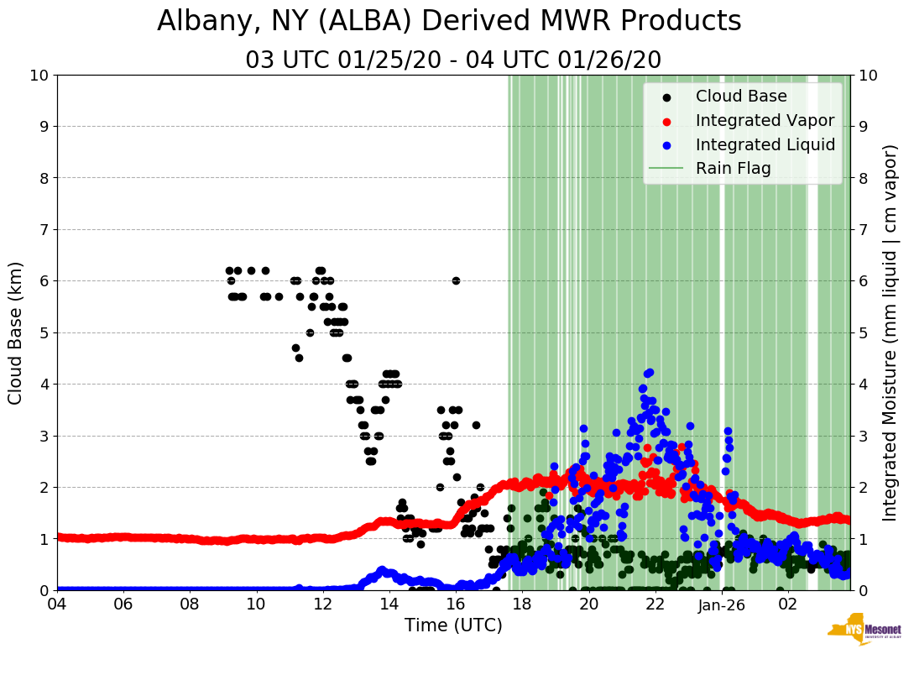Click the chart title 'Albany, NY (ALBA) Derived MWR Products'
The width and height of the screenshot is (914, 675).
449,21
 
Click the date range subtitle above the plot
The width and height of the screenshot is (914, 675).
453,60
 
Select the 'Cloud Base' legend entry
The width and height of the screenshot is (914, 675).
741,96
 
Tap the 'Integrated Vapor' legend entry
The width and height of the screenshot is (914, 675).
765,120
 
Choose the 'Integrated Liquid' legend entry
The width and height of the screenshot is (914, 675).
765,144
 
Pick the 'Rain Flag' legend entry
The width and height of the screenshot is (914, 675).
733,168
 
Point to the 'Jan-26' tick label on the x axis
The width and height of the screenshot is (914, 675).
723,604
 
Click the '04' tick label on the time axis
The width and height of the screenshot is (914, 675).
57,604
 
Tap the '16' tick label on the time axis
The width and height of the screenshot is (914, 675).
456,604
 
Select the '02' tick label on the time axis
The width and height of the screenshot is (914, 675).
788,604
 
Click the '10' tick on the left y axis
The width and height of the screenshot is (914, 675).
39,75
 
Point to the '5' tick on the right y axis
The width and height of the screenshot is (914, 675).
863,332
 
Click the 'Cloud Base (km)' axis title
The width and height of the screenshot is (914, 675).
16,332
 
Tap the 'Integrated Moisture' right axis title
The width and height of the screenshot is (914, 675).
890,332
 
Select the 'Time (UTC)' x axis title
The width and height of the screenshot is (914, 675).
453,625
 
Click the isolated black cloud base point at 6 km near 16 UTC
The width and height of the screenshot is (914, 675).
456,280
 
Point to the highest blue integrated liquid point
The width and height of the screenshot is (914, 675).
649,372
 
